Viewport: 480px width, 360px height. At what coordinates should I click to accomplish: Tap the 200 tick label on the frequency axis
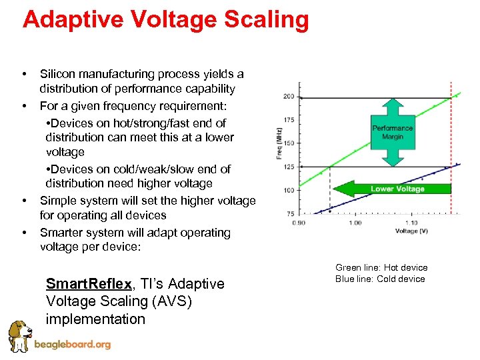tap(288, 97)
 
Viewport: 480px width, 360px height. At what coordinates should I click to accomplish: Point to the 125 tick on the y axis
tap(288, 167)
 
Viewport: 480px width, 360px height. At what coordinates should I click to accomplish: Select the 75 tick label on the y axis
tap(289, 213)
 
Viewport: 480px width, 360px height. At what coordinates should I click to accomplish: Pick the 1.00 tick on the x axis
tap(355, 223)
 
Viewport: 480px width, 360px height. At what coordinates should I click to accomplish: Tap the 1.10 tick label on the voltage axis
tap(412, 223)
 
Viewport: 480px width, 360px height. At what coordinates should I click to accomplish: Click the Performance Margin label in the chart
tap(392, 132)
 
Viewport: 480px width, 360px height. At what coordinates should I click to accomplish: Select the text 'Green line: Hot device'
tap(381, 267)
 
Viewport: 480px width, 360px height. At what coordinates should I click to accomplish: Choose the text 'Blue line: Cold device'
tap(380, 279)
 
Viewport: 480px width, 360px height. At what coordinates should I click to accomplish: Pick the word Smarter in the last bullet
tap(61, 233)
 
